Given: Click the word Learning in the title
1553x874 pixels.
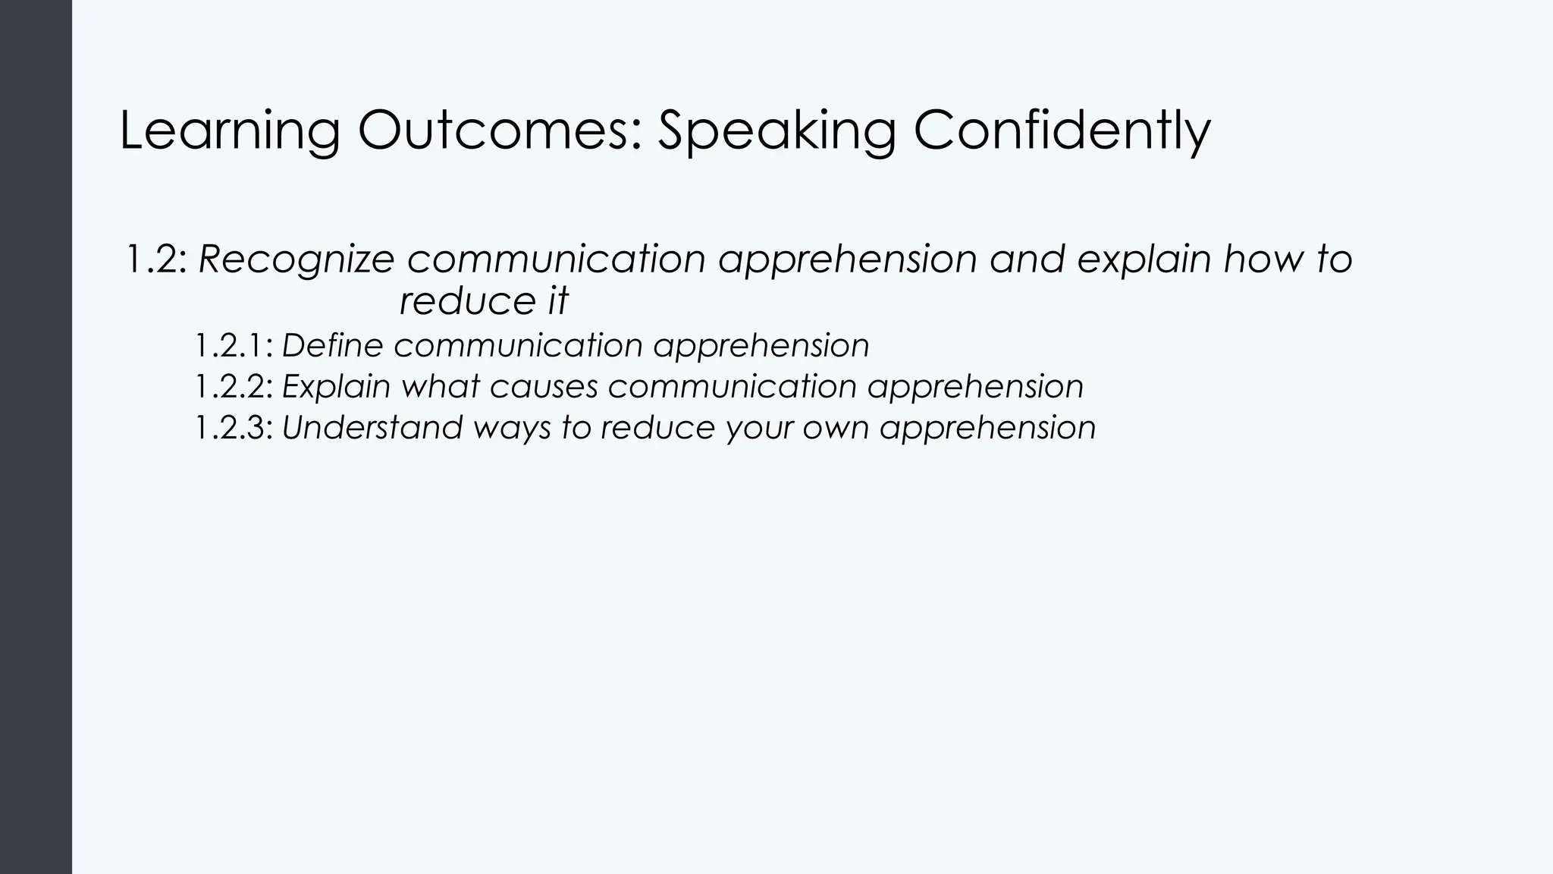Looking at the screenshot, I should point(229,130).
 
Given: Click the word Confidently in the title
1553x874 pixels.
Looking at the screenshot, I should point(1062,130).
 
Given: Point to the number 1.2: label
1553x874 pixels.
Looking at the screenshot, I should point(155,259).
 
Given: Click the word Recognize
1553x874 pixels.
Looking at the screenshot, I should point(296,259).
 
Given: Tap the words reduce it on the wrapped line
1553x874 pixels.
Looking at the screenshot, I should point(483,301).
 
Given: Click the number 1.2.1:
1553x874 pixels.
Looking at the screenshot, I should point(234,346).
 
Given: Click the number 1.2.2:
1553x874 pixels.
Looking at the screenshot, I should point(234,387).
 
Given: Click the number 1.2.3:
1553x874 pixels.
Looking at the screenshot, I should point(234,428).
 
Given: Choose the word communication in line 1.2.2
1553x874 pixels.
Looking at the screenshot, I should point(732,387).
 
